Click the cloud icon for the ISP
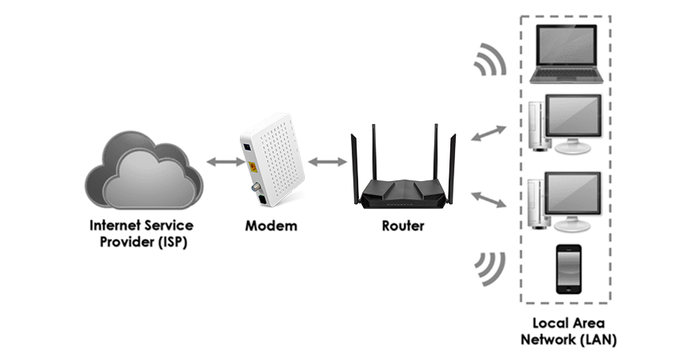pyautogui.click(x=143, y=171)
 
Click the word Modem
pyautogui.click(x=271, y=226)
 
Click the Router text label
pyautogui.click(x=403, y=226)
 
